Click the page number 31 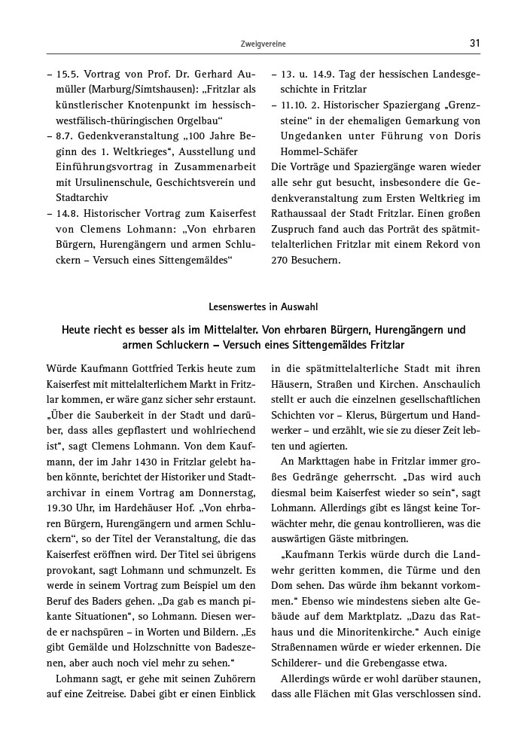(x=474, y=44)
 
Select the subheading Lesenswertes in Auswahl (x=263, y=306)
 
